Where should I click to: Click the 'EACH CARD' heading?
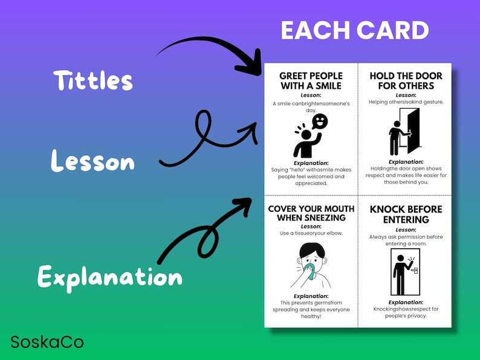tap(355, 30)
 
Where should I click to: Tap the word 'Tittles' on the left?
tap(92, 80)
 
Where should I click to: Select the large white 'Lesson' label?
tap(92, 162)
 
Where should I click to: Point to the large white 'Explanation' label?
tap(109, 277)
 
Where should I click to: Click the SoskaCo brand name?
tap(47, 342)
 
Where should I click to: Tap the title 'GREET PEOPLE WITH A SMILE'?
tap(311, 80)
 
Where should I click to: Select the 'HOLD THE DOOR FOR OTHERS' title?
tap(406, 80)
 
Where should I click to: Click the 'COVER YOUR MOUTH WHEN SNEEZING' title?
tap(311, 213)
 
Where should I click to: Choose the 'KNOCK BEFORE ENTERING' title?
tap(406, 214)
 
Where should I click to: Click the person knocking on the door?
tap(399, 272)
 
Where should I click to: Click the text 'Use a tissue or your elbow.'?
tap(311, 233)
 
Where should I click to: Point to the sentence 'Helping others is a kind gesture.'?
tap(406, 101)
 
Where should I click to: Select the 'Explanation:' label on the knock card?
tap(406, 302)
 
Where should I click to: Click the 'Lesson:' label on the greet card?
tap(311, 95)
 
